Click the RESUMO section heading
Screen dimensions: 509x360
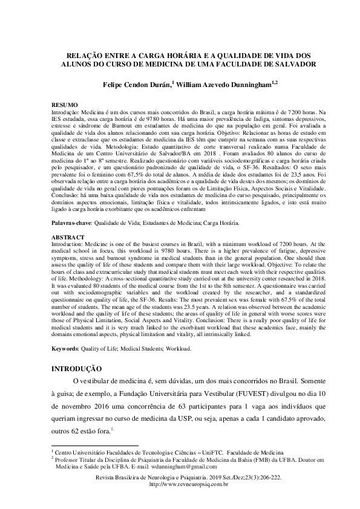tap(65, 105)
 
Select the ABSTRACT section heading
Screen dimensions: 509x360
tap(68, 238)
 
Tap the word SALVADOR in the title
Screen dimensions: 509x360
tap(290, 63)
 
